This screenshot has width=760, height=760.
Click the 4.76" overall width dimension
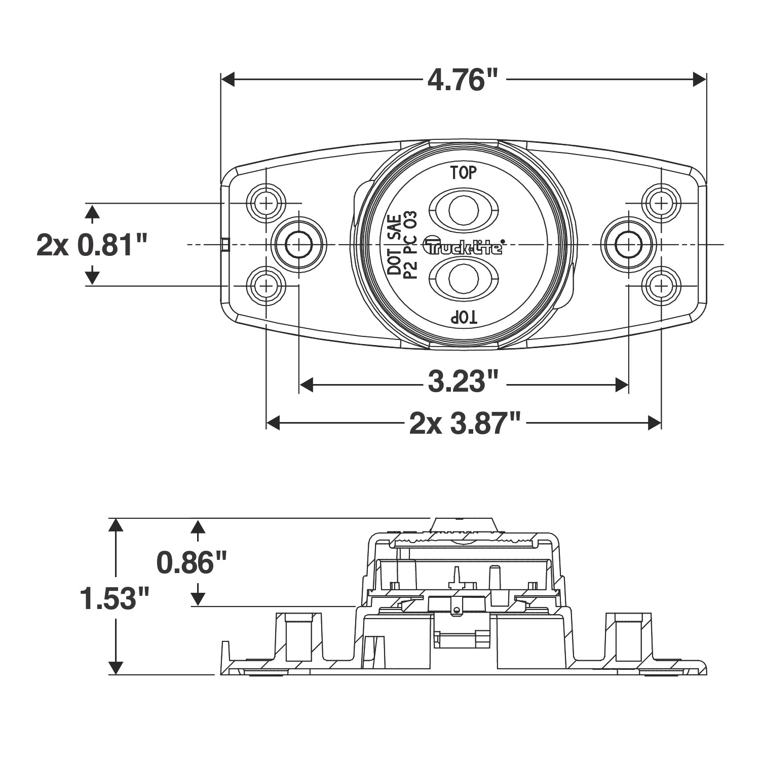(463, 80)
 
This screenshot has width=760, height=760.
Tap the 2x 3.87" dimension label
(465, 423)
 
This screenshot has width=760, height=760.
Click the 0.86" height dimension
(192, 562)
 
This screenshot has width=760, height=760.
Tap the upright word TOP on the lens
(464, 173)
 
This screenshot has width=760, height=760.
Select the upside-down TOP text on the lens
(464, 318)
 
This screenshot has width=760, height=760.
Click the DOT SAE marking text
(395, 244)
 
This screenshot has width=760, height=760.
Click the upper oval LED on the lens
(464, 208)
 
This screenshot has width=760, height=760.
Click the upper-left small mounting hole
(265, 203)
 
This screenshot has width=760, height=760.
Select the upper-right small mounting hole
(661, 203)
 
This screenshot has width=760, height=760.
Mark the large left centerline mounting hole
(299, 245)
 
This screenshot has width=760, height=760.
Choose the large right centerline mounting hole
(628, 245)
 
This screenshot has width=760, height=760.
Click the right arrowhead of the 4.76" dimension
(699, 80)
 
